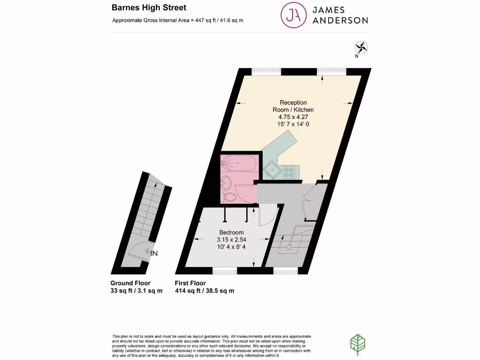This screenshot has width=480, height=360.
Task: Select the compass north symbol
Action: [362, 47]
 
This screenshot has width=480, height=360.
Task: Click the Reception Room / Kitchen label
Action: [293, 106]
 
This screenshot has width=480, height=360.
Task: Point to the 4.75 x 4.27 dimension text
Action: [293, 117]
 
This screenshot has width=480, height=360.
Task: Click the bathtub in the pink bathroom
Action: [239, 165]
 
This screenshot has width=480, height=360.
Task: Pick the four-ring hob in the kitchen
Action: [287, 172]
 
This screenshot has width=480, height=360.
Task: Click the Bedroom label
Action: [232, 232]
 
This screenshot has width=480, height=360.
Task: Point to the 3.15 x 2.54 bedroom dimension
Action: [232, 240]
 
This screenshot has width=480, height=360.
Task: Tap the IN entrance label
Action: [154, 253]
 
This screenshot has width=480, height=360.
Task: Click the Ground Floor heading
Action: [130, 283]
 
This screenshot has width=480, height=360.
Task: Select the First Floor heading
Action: [190, 283]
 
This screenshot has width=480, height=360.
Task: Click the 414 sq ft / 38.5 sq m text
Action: [204, 291]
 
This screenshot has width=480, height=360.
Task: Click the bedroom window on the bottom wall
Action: [225, 270]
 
